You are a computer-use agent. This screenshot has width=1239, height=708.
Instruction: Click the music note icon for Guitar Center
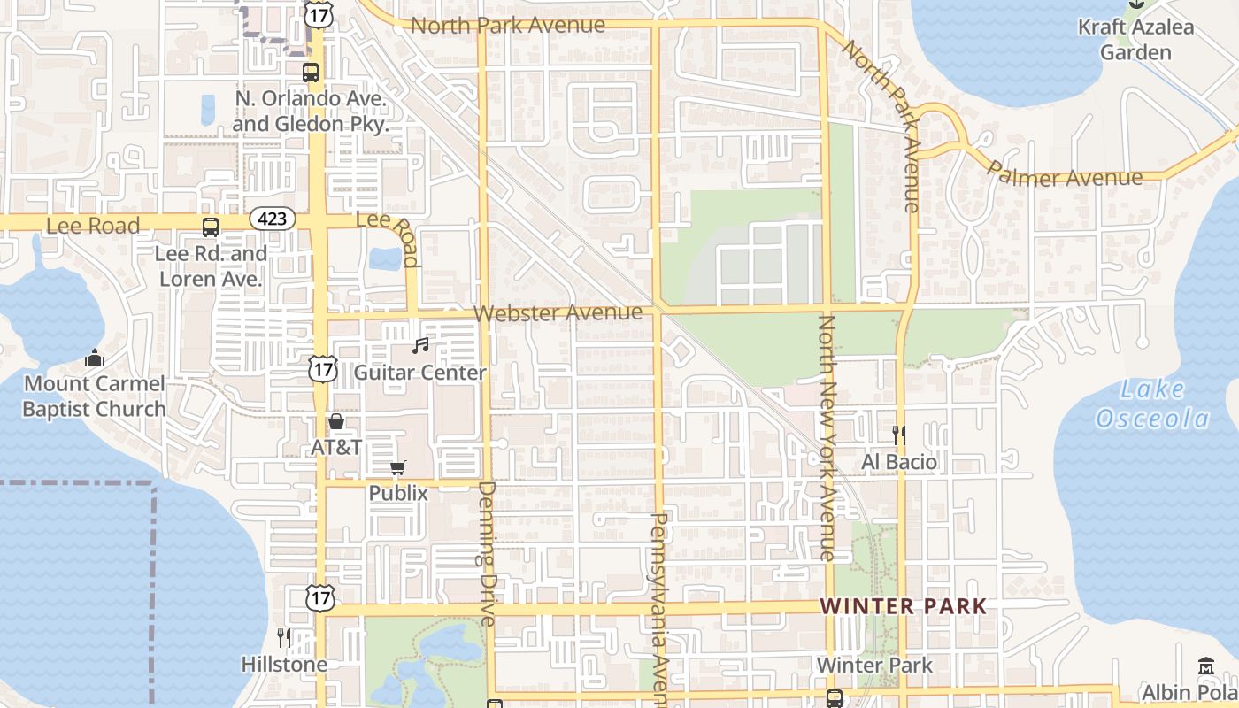[x=420, y=346]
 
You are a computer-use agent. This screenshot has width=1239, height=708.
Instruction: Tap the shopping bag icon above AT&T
[x=336, y=421]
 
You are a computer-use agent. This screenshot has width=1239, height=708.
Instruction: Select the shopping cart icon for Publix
[x=398, y=467]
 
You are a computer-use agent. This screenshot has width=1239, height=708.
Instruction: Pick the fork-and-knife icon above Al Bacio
[x=899, y=435]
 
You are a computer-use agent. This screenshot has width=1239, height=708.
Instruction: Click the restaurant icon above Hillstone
[x=284, y=637]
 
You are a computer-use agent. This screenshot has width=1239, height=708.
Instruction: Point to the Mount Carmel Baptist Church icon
[x=94, y=358]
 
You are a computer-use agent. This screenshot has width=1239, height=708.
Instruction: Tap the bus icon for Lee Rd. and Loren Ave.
[x=211, y=227]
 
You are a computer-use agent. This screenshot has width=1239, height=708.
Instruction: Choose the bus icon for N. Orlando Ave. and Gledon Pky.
[x=311, y=73]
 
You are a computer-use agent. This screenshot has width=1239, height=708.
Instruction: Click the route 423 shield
[x=272, y=218]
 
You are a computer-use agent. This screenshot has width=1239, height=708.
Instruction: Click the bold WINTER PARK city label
[x=903, y=606]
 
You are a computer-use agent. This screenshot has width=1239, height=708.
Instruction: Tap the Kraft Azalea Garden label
[x=1135, y=40]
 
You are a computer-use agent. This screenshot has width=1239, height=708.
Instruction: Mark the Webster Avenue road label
[x=558, y=313]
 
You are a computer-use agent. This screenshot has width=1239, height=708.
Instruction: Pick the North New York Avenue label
[x=827, y=438]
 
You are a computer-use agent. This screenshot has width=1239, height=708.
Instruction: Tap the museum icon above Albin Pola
[x=1206, y=666]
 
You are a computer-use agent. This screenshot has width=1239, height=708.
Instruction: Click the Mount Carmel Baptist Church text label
[x=94, y=396]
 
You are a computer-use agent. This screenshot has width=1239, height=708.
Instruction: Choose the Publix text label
[x=398, y=494]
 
